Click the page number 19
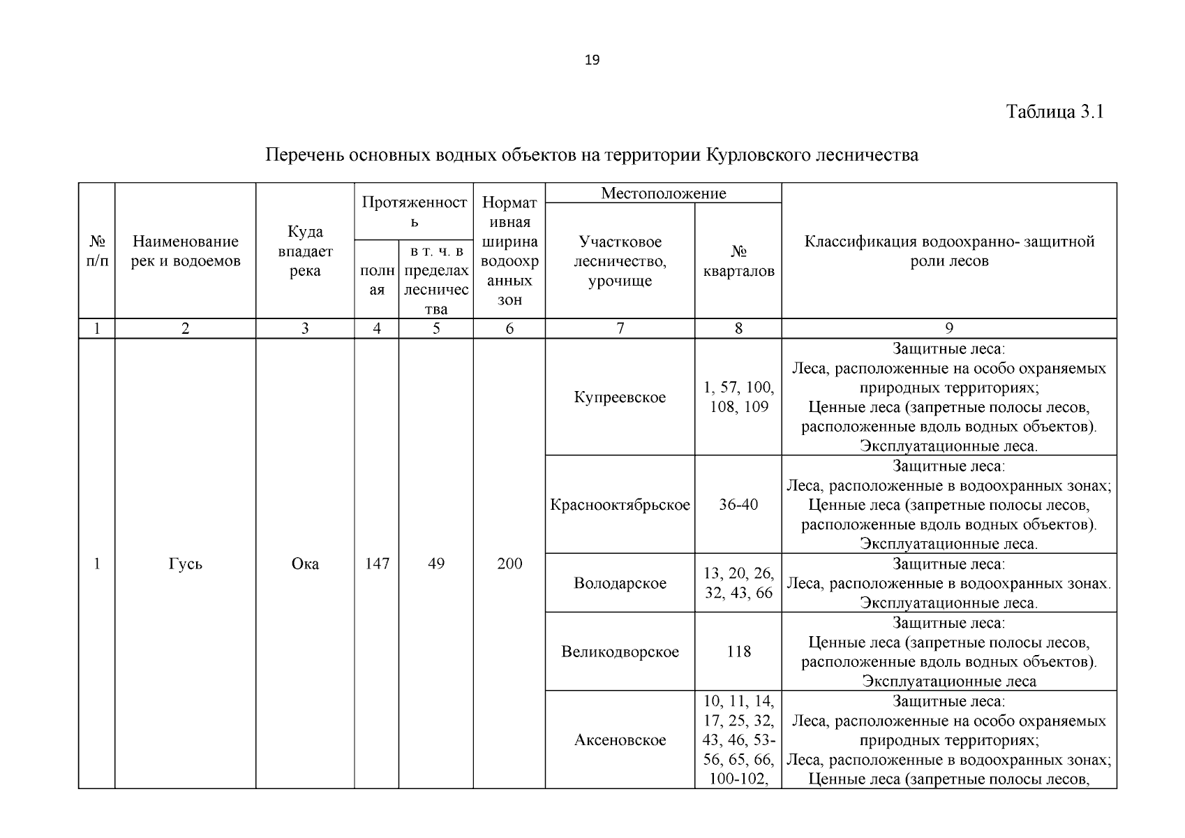[x=592, y=60]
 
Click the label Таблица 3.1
[x=1054, y=112]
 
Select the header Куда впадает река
[x=305, y=251]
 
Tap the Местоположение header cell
[x=663, y=193]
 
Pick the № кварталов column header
[x=738, y=261]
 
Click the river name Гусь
[x=186, y=564]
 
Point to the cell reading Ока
[x=305, y=564]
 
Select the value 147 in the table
[x=377, y=564]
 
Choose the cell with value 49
[x=436, y=564]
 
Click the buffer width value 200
[x=509, y=564]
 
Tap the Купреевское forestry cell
[x=620, y=397]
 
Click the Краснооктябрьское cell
[x=620, y=505]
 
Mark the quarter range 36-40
[x=738, y=505]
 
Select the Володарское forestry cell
[x=620, y=583]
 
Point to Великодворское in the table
[x=620, y=652]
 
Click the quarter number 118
[x=738, y=652]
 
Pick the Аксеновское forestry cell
[x=620, y=740]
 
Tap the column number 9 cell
[x=948, y=329]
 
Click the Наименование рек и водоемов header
[x=186, y=251]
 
